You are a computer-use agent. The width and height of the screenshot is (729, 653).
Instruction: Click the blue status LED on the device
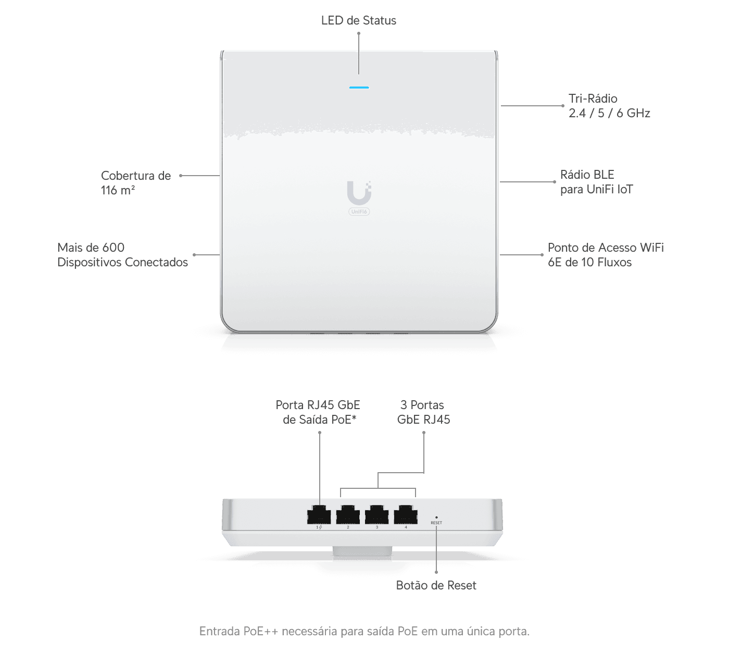(x=359, y=88)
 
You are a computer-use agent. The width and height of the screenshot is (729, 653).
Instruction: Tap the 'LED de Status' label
(x=358, y=20)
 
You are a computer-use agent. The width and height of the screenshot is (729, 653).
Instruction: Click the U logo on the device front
(x=359, y=192)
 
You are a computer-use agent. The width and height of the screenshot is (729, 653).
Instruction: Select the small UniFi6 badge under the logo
(x=359, y=212)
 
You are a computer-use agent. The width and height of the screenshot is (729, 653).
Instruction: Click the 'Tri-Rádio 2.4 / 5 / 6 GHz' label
(x=609, y=106)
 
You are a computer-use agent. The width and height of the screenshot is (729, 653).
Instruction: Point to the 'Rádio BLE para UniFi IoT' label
(x=596, y=182)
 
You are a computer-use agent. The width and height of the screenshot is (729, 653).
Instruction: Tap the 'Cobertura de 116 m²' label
(x=135, y=183)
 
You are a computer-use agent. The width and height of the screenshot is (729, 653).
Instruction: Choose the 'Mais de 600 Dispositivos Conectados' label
(x=122, y=255)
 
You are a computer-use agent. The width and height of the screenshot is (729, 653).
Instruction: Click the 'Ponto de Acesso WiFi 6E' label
(x=605, y=255)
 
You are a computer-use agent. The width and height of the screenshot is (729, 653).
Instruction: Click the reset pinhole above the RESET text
(x=436, y=517)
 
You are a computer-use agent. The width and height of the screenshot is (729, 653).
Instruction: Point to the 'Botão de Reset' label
(x=436, y=585)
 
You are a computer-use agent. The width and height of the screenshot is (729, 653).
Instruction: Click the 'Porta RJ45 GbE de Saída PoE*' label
(x=318, y=412)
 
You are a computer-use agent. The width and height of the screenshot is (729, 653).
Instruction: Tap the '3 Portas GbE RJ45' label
(x=423, y=412)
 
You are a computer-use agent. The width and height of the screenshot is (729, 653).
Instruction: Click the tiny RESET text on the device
(x=436, y=523)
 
